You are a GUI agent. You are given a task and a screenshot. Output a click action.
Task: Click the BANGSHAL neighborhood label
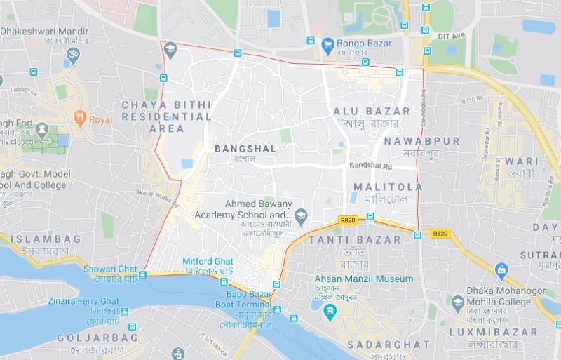(245, 149)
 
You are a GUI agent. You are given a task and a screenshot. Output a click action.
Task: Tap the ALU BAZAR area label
(371, 112)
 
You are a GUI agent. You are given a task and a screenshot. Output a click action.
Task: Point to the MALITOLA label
(388, 187)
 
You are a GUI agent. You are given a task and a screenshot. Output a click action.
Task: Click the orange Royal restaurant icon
(80, 118)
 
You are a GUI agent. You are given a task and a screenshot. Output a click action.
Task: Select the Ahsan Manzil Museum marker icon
(330, 309)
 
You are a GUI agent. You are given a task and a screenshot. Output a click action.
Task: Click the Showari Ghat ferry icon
(143, 274)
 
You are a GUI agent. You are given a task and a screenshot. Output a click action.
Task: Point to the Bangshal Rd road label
(370, 166)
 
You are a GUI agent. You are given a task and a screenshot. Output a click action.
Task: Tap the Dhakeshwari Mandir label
(45, 32)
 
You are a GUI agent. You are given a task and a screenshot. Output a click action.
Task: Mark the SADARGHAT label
(388, 345)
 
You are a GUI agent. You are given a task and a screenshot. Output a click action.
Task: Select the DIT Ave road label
(455, 35)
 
